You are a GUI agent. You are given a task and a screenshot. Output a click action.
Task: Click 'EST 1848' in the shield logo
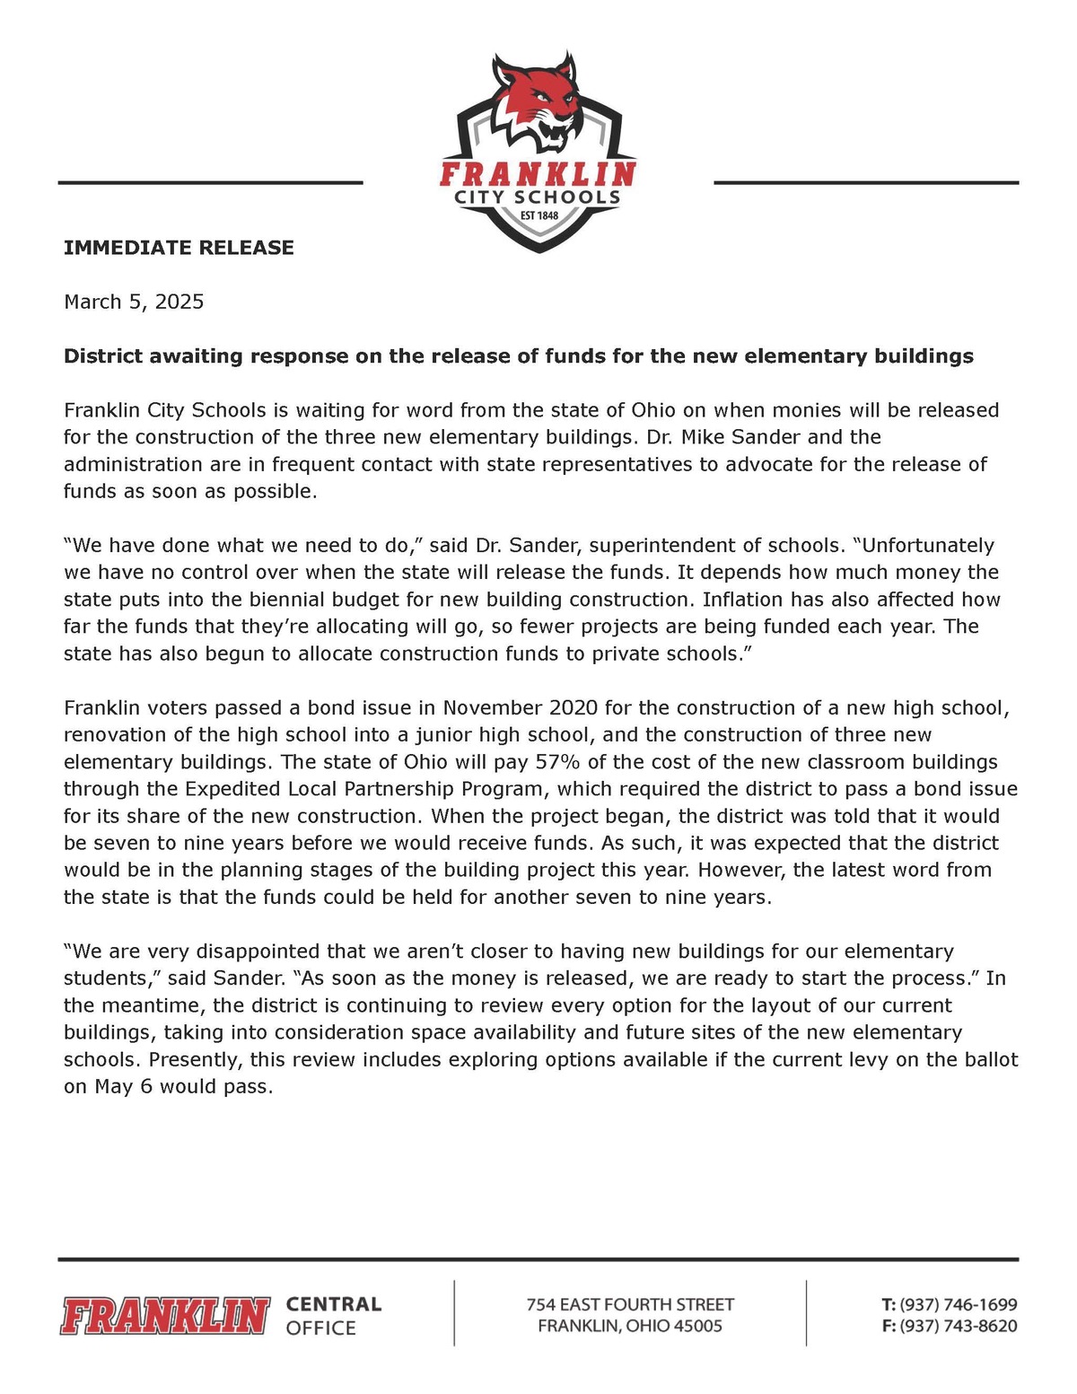click(538, 215)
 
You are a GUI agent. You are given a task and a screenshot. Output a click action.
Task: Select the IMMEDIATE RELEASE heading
click(179, 248)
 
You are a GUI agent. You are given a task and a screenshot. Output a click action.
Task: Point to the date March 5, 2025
click(134, 302)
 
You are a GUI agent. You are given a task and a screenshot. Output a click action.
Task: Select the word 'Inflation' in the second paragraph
click(744, 600)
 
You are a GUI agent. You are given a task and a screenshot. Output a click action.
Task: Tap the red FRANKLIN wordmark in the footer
click(165, 1316)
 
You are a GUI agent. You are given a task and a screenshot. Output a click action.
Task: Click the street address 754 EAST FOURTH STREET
click(630, 1304)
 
